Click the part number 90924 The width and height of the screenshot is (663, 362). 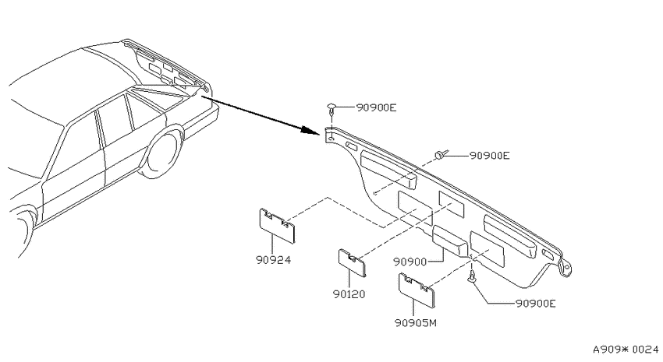[x=274, y=260]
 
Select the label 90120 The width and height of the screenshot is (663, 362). [x=349, y=294]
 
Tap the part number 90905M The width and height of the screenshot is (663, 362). [x=416, y=323]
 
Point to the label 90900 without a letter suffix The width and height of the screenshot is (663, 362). [x=409, y=262]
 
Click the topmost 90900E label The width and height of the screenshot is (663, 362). [x=376, y=107]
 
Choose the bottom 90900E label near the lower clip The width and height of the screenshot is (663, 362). [x=536, y=304]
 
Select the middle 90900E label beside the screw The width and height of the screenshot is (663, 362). [x=490, y=156]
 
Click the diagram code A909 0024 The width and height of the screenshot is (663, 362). [x=626, y=350]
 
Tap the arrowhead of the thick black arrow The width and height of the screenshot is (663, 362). [x=310, y=129]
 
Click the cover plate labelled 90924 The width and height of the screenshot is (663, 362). [x=278, y=226]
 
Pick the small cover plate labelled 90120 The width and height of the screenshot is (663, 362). [x=353, y=263]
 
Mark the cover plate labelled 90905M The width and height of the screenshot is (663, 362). [x=417, y=290]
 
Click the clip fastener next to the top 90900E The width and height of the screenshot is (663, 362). [x=331, y=109]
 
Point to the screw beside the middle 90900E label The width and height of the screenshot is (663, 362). [x=441, y=155]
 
